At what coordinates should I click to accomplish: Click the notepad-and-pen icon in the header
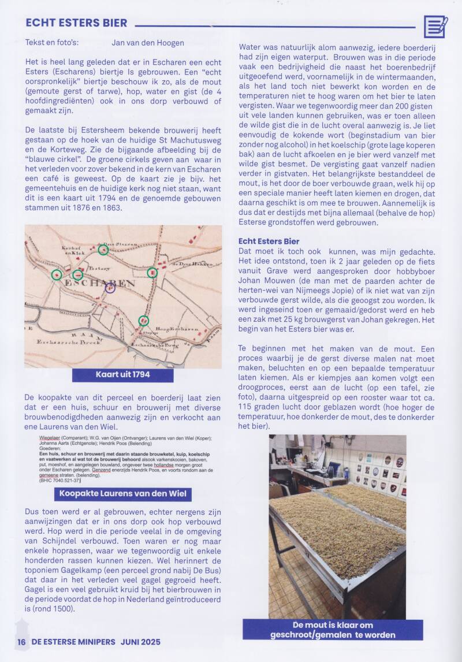coord(435,27)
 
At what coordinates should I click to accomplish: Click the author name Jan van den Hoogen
coord(148,43)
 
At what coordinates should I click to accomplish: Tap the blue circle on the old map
coord(110,287)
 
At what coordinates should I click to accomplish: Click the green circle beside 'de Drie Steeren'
coord(103,250)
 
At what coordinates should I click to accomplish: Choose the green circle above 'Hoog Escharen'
coord(144,321)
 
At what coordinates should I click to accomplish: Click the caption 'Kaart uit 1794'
coord(122,375)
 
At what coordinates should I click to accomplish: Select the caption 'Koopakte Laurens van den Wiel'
coord(123,494)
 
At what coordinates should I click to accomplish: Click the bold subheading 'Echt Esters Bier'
coord(269,241)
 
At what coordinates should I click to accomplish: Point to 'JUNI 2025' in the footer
coord(140,642)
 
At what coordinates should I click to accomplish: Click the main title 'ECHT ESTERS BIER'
coord(76,23)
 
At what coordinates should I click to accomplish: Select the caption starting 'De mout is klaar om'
coord(333,630)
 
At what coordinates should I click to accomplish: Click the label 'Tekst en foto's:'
coord(52,43)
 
